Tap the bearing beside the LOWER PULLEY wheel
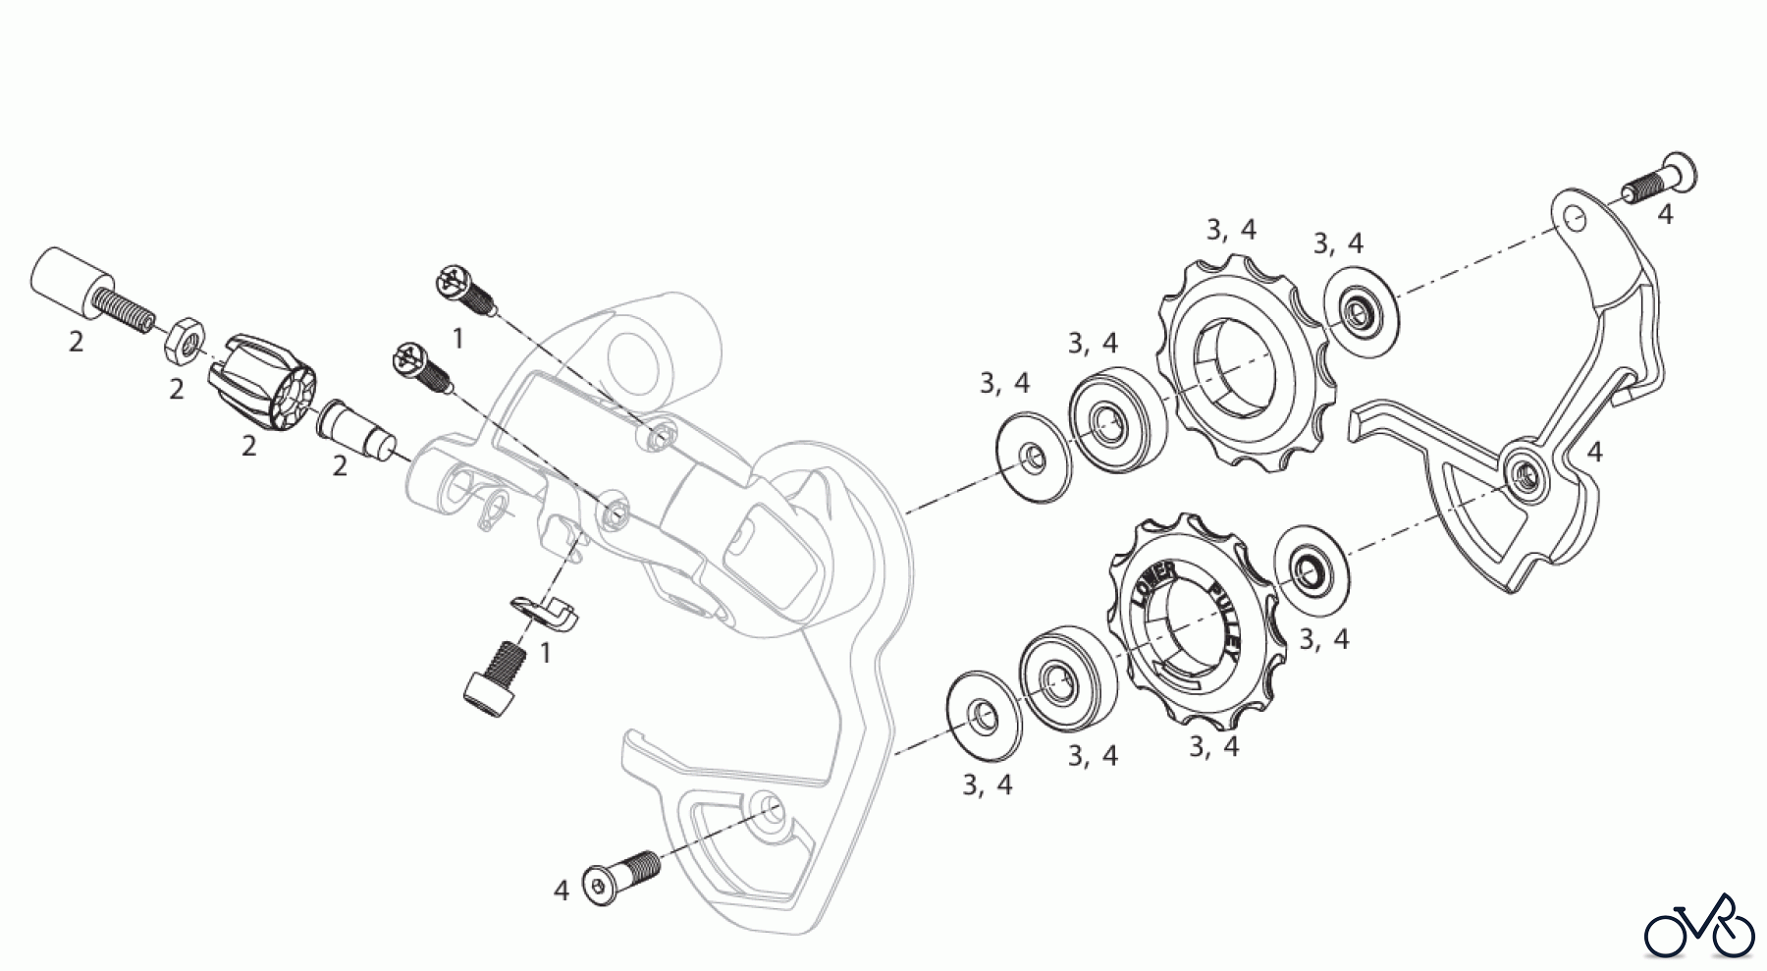1066,676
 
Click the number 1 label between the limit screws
458,339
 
